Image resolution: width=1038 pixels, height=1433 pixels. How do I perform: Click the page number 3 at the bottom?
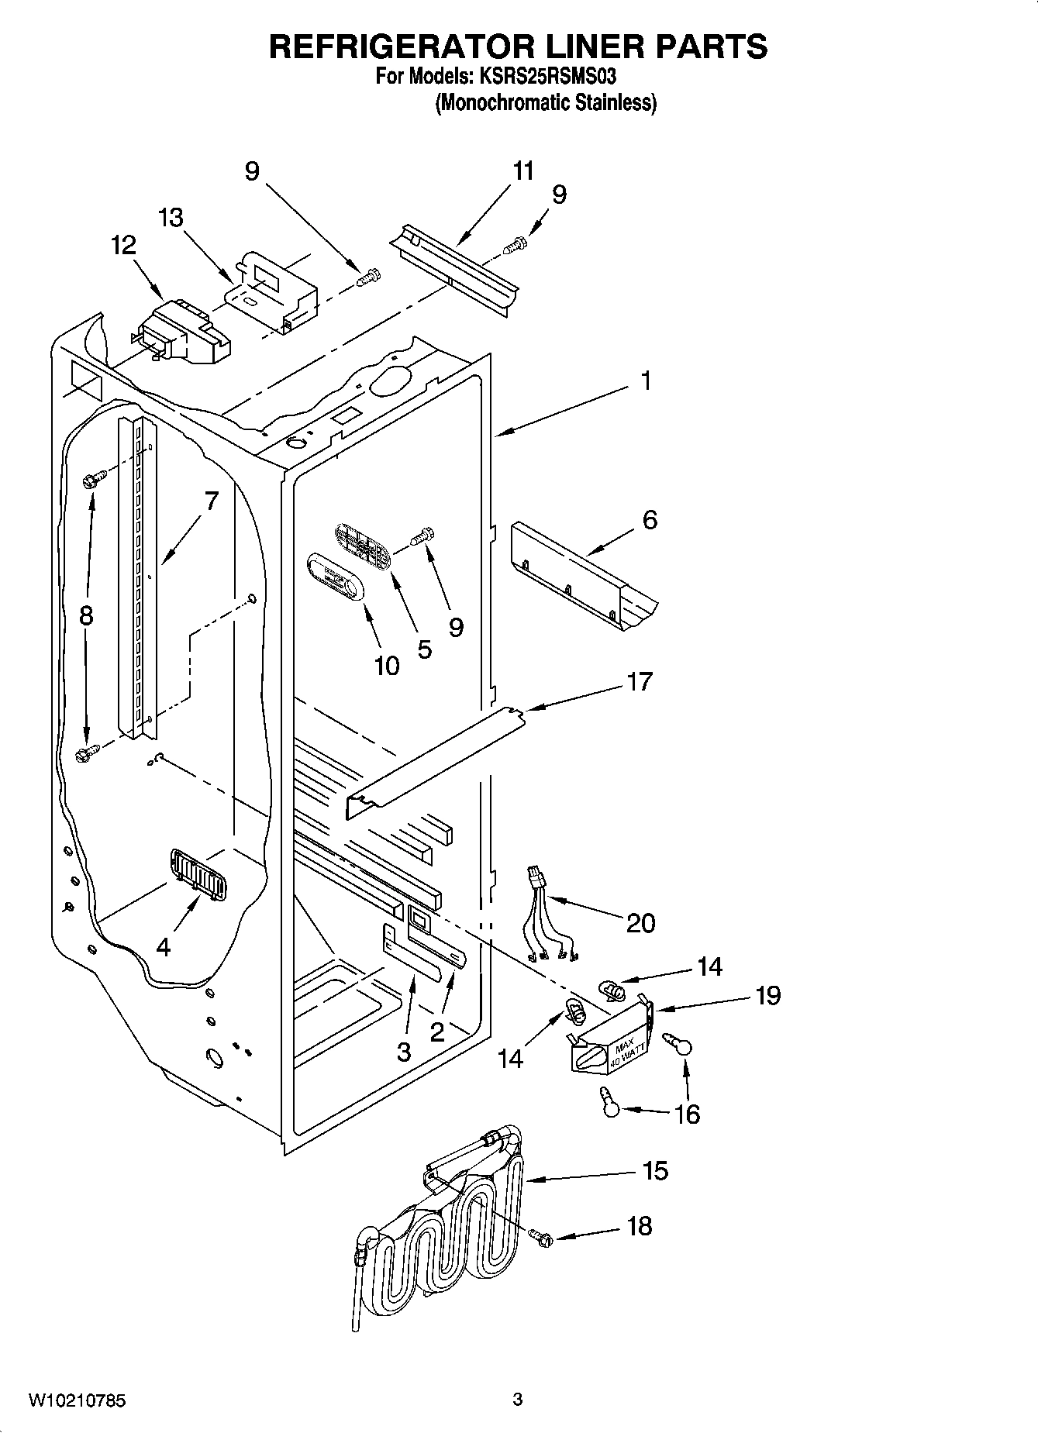(x=518, y=1400)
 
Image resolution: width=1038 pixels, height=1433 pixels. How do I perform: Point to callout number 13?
(x=171, y=218)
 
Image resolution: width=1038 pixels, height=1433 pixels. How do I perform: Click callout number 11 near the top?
(x=524, y=171)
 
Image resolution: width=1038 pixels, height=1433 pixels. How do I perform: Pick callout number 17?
(x=640, y=681)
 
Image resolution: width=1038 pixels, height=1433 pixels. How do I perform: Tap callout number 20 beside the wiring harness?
(x=640, y=922)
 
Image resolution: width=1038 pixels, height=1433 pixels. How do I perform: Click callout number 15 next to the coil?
(x=655, y=1170)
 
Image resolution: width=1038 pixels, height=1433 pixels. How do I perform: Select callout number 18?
(x=640, y=1226)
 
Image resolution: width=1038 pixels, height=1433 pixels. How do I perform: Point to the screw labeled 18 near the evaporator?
(x=540, y=1238)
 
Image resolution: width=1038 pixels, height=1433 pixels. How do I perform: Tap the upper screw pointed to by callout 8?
(x=89, y=481)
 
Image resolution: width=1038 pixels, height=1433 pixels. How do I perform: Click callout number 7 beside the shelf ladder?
(x=212, y=501)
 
